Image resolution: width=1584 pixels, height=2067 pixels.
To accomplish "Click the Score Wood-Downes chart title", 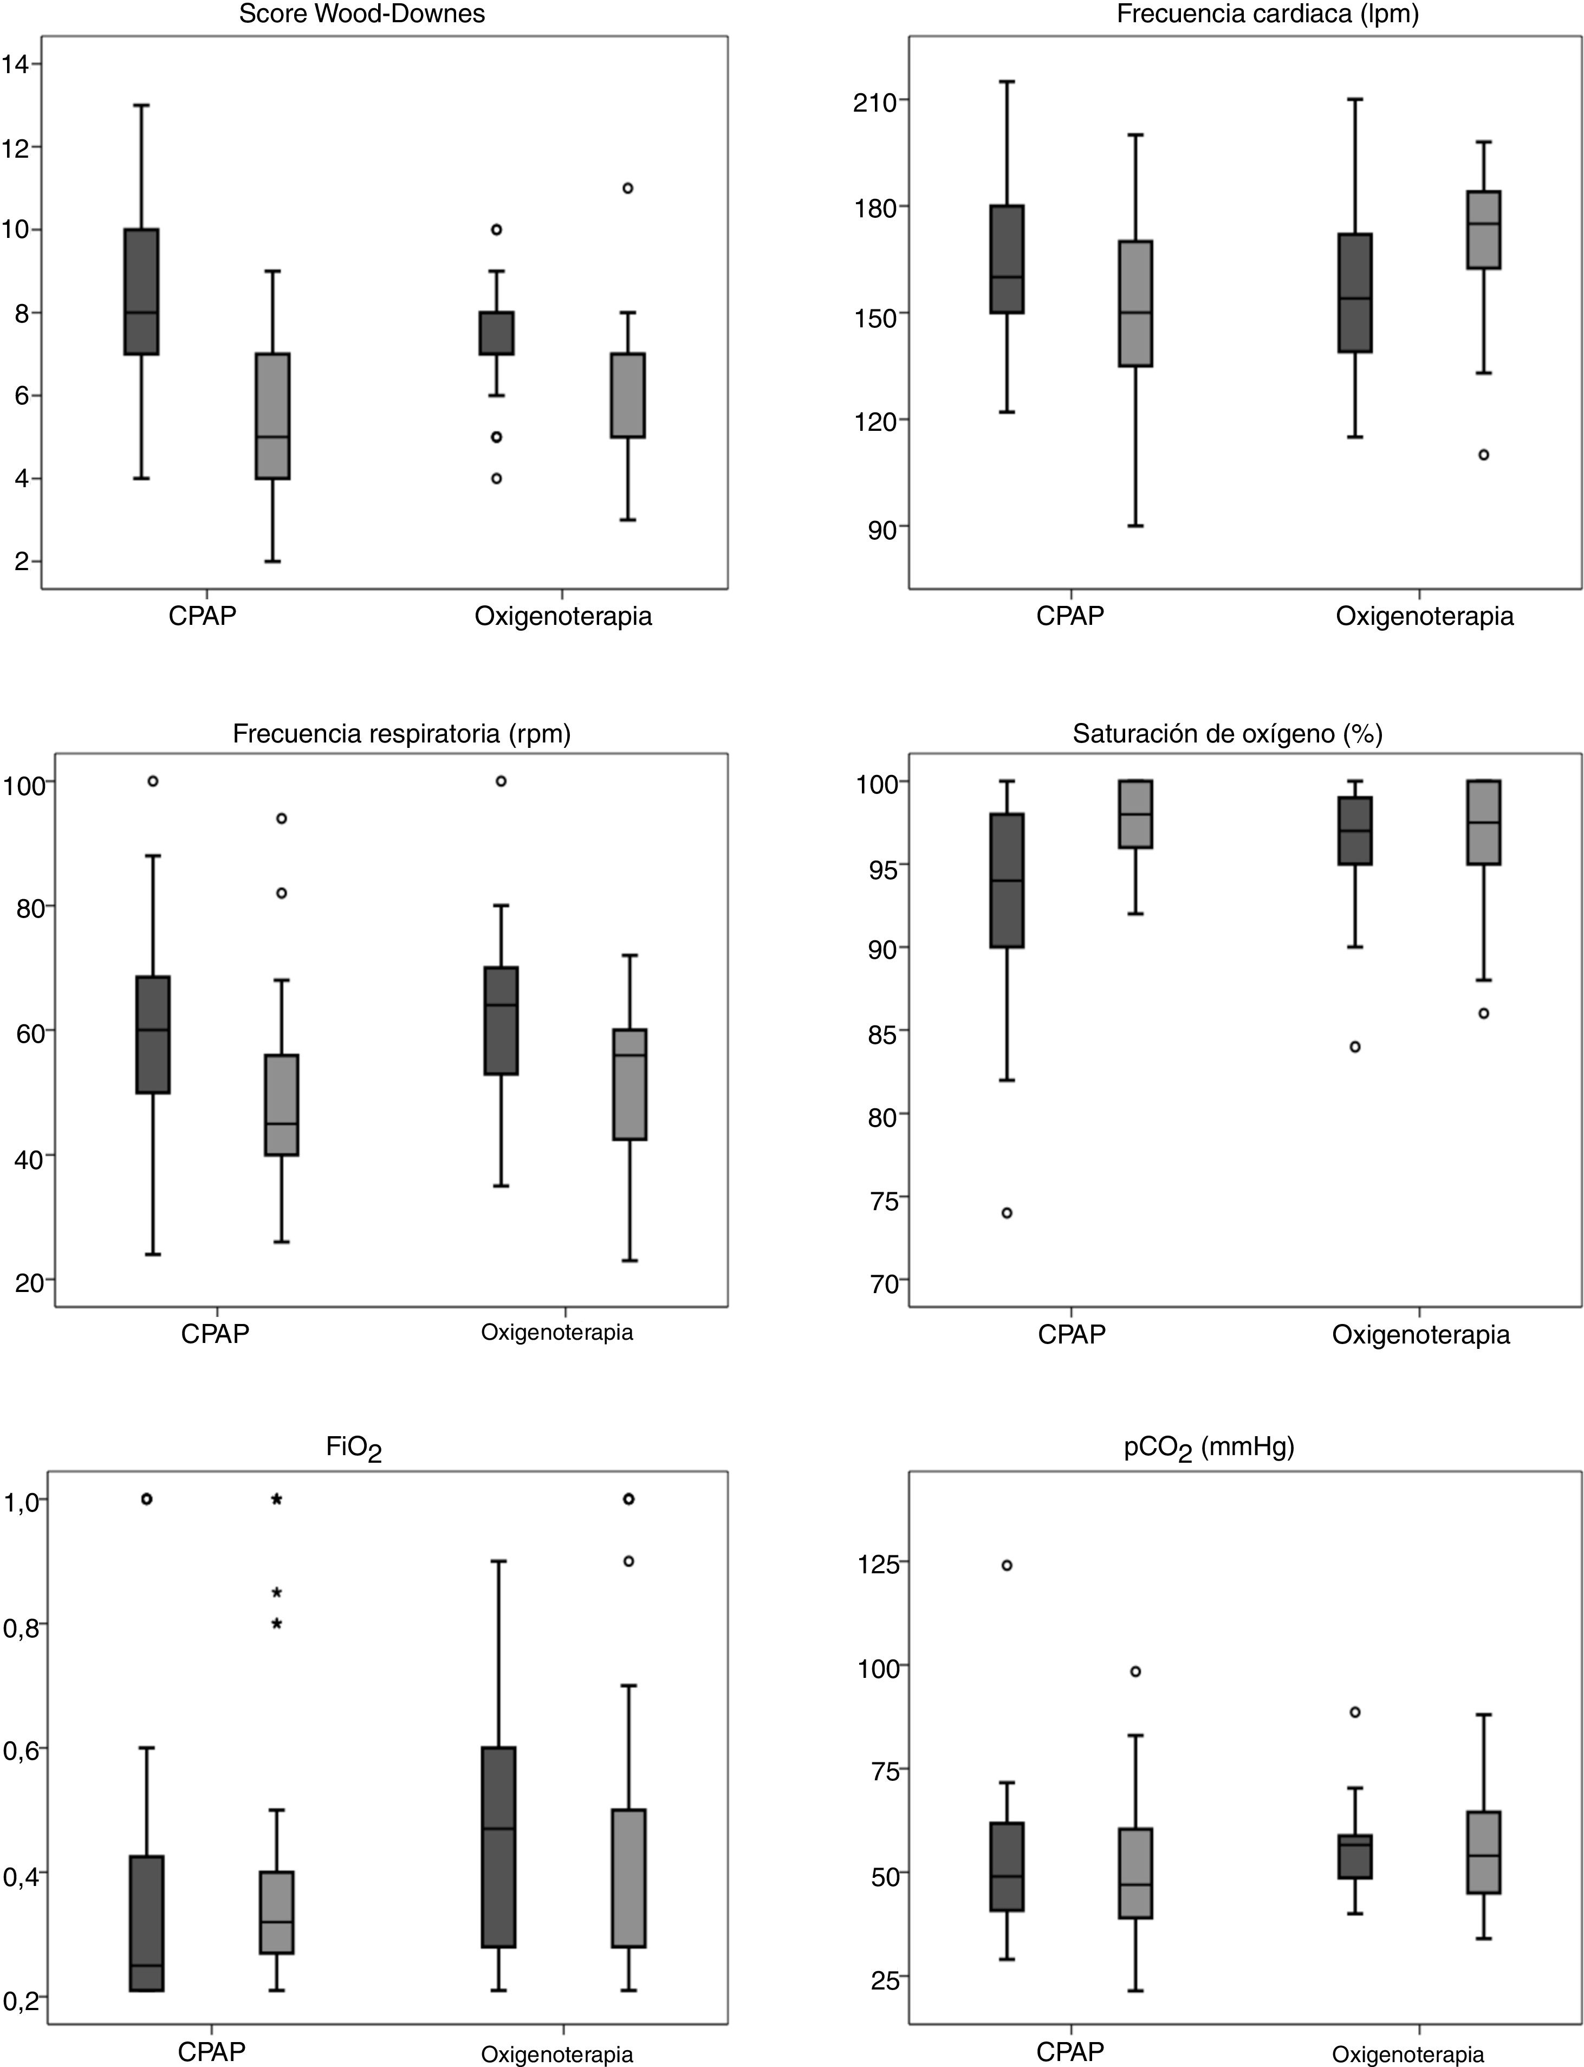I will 362,14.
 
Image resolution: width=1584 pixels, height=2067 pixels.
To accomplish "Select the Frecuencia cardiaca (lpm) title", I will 1267,14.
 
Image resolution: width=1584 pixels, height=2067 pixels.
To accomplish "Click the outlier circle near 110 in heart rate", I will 1483,455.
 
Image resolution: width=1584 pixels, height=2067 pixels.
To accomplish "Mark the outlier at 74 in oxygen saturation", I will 1007,1213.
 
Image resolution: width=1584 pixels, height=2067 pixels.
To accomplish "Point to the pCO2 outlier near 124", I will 1007,1565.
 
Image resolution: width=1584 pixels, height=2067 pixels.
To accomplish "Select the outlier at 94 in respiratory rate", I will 281,818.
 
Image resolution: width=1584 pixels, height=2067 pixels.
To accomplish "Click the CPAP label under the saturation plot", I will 1072,1334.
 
